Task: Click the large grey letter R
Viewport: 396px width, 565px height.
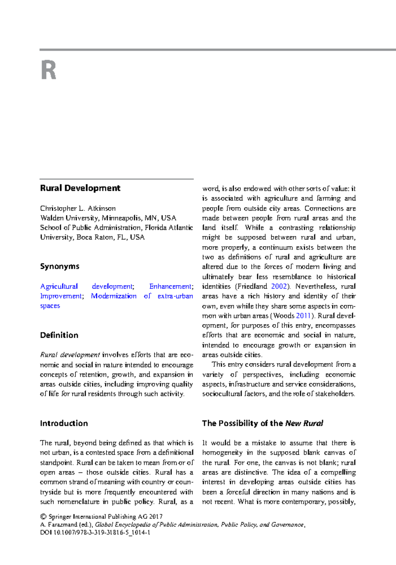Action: (49, 70)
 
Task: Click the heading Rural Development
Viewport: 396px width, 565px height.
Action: (80, 188)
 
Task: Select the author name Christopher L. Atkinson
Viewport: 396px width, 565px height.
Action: (78, 208)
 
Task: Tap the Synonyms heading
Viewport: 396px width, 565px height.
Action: (60, 266)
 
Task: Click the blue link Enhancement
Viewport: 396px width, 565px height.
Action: (170, 286)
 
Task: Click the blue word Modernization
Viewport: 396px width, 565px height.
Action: (114, 296)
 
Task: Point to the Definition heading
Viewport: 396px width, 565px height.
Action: (59, 335)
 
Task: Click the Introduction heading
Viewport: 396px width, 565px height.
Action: (64, 423)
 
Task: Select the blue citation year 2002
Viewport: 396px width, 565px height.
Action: (279, 286)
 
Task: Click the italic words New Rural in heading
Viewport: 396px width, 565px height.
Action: (304, 423)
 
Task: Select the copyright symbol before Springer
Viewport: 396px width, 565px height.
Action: (43, 517)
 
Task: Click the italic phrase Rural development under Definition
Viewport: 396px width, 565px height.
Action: (70, 355)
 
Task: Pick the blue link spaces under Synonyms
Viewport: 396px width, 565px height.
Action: (50, 306)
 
